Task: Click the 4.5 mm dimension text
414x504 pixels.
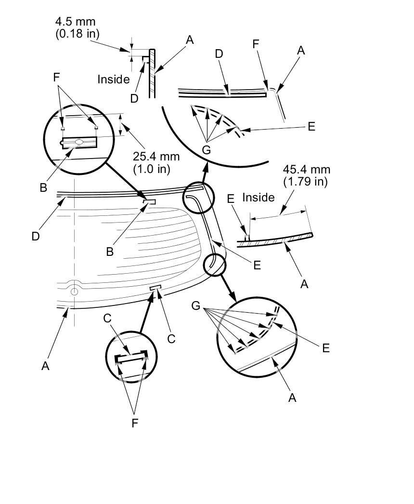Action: pos(75,22)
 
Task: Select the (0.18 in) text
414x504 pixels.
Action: pos(78,33)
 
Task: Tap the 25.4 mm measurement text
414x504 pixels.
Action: pos(156,157)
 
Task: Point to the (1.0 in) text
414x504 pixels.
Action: pos(152,169)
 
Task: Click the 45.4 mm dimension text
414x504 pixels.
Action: pos(306,170)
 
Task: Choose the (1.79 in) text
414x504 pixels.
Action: pos(305,182)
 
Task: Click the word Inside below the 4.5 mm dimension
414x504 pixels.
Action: pos(114,80)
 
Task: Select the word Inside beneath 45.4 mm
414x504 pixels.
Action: pos(258,198)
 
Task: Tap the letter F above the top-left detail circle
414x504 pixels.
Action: pos(56,78)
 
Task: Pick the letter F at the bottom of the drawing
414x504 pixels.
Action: pos(135,424)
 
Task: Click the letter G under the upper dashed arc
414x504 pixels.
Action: pos(206,150)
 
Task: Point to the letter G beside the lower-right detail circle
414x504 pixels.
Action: pos(195,305)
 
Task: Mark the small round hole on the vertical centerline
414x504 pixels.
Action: pos(74,292)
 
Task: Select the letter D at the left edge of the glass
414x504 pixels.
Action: pos(35,237)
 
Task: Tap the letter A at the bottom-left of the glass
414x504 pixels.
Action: pos(45,366)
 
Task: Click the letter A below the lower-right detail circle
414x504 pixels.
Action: pos(292,398)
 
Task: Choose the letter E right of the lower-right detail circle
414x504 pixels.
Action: pos(326,348)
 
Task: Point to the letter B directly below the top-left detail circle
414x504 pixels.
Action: pos(43,188)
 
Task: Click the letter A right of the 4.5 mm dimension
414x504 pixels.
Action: pos(190,40)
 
